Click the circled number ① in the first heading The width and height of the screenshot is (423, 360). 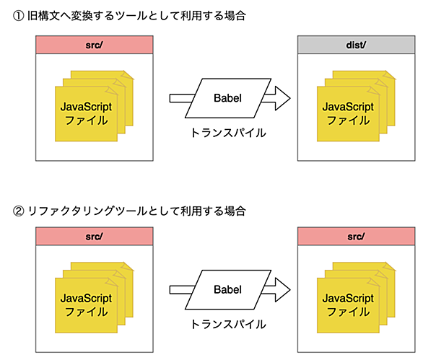18,16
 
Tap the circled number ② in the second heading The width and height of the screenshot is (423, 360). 18,211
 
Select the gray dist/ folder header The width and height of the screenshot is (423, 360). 357,45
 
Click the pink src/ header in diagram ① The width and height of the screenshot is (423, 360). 95,45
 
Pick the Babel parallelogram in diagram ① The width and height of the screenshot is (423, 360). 228,98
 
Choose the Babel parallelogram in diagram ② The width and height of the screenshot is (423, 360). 228,289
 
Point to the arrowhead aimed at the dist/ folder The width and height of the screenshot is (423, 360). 282,98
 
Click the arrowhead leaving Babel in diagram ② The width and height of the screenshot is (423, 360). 282,289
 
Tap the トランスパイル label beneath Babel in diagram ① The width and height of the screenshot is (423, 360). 228,133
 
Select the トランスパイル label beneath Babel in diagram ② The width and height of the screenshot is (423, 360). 228,325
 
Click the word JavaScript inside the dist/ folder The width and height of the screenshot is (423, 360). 348,107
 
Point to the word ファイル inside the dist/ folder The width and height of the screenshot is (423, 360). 348,120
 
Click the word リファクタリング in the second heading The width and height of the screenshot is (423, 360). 71,211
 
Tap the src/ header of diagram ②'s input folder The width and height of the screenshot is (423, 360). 95,236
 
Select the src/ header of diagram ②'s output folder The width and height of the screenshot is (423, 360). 357,236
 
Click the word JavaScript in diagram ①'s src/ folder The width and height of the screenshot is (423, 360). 86,107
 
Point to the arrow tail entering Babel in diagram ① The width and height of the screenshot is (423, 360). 182,98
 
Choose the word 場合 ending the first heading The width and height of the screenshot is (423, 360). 235,16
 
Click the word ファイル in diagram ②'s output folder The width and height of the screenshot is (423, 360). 348,312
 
